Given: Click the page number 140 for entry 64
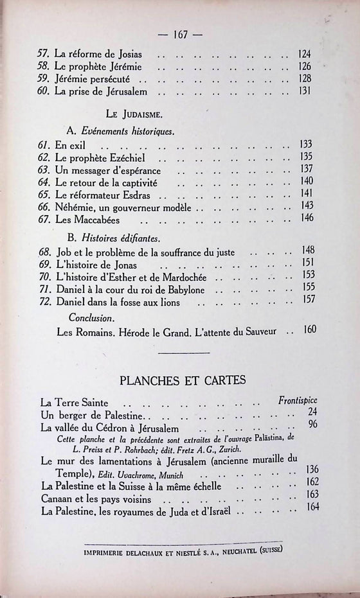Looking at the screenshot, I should click(x=307, y=181).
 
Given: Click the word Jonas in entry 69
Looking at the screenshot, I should click(x=126, y=263).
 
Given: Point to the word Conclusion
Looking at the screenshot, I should click(x=92, y=317).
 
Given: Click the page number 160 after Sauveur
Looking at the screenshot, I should click(x=310, y=330).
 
